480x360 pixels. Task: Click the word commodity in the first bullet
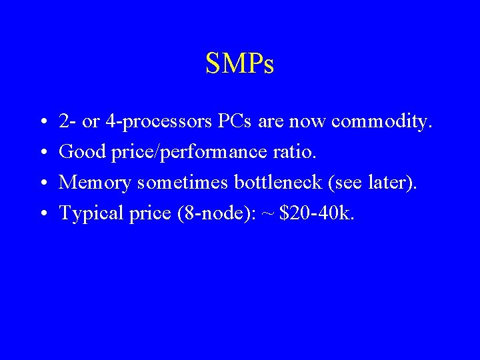(x=382, y=122)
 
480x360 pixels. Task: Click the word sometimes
(x=175, y=183)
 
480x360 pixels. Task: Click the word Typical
(x=89, y=213)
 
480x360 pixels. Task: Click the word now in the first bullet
(x=308, y=123)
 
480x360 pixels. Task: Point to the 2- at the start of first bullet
(x=67, y=122)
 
